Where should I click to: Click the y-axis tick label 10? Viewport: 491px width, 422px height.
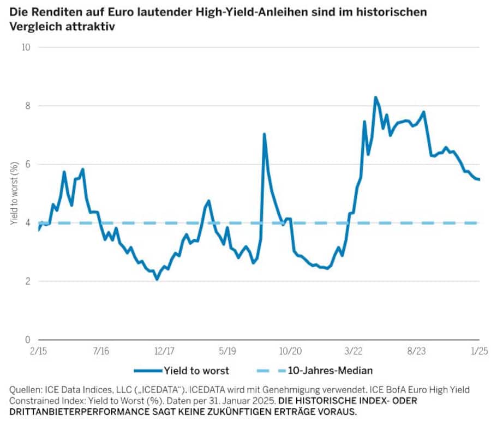click(x=26, y=47)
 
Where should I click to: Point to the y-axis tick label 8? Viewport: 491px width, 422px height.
click(x=27, y=106)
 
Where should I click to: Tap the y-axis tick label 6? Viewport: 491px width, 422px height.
click(x=27, y=164)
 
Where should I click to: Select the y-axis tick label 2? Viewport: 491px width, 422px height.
click(x=27, y=281)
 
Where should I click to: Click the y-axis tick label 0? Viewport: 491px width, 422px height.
click(x=27, y=340)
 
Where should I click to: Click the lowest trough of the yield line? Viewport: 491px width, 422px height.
click(x=157, y=279)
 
